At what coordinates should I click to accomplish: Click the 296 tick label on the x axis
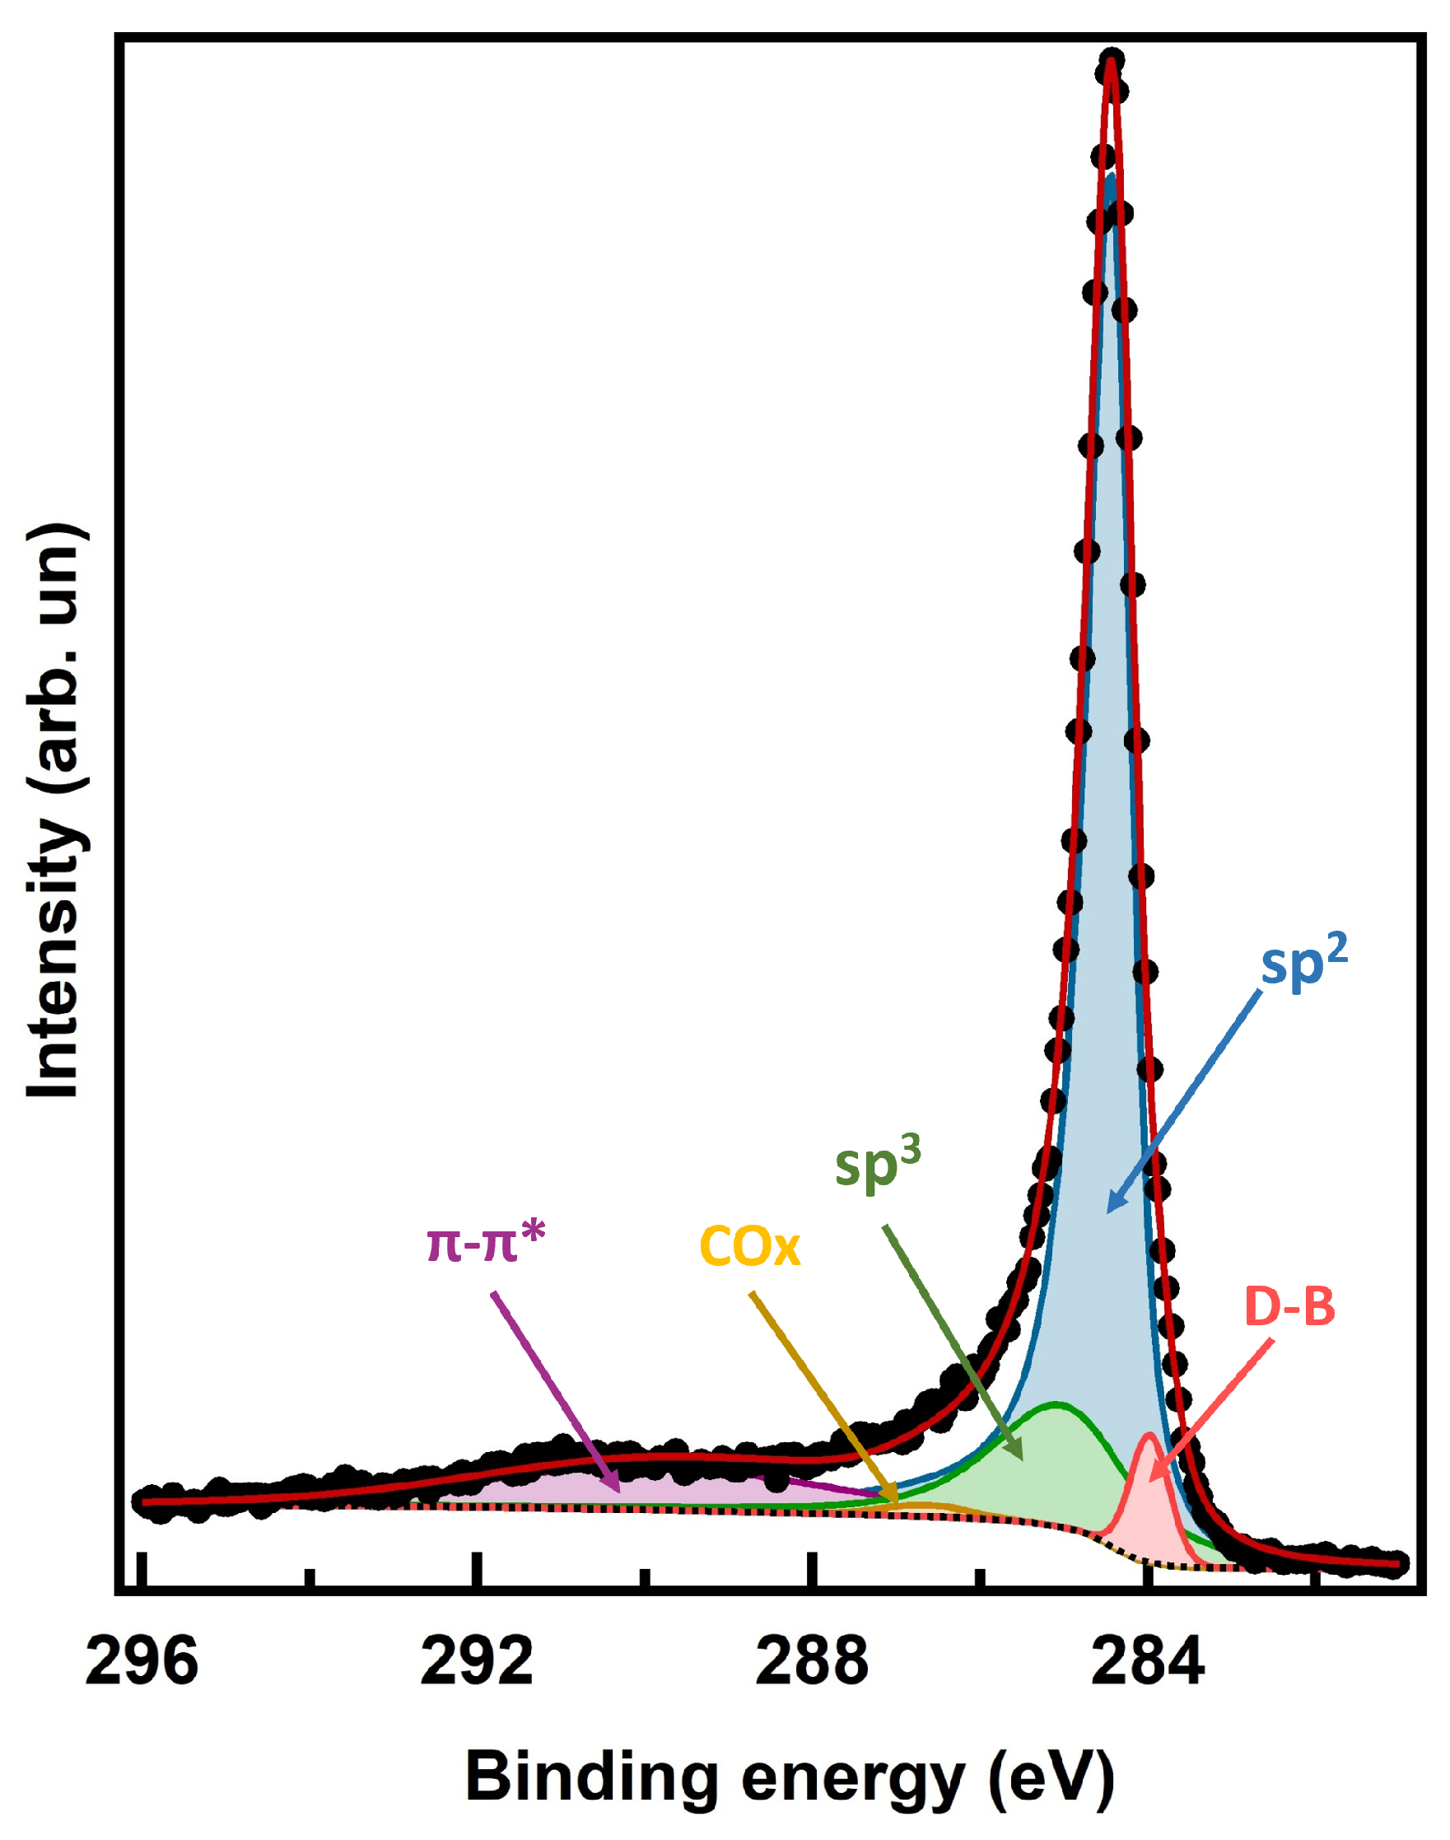click(x=142, y=1662)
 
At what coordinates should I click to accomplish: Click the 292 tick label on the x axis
click(x=477, y=1662)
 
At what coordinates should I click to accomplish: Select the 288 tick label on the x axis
click(x=813, y=1662)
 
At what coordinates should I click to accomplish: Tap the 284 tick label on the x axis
click(x=1148, y=1662)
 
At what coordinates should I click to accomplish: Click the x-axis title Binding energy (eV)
click(x=790, y=1777)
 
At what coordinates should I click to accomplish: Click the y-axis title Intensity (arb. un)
click(x=55, y=811)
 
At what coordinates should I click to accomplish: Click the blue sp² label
click(x=1304, y=964)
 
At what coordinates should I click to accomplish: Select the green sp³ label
click(x=877, y=1165)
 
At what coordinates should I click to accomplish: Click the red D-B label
click(x=1289, y=1307)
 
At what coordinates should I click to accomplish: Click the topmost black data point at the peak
click(x=1112, y=61)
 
